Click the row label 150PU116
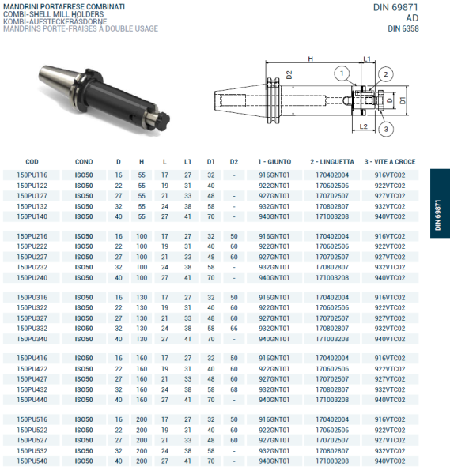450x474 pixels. pos(32,175)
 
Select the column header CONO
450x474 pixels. pos(83,161)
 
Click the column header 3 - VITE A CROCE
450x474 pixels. pos(390,161)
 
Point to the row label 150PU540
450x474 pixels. pos(32,461)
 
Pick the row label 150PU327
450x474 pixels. pos(32,318)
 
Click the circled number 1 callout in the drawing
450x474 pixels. pos(341,74)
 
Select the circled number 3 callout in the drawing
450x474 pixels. pos(385,129)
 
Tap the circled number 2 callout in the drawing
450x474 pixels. pos(385,74)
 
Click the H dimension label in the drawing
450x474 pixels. pos(310,59)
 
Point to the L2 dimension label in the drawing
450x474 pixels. pos(362,126)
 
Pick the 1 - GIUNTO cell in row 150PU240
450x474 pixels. pos(274,277)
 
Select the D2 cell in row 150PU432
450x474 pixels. pos(233,389)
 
